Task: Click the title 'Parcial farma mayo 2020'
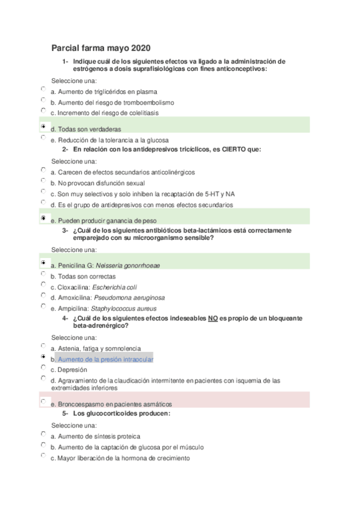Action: (101, 48)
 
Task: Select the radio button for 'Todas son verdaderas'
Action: (44, 127)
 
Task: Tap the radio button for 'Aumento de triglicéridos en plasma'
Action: (44, 89)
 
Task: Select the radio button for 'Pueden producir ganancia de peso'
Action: (44, 219)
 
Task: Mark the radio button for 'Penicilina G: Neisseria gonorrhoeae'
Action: (44, 263)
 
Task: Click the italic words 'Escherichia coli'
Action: (130, 287)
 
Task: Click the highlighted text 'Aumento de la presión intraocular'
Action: (106, 359)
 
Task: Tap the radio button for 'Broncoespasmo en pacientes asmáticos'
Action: (44, 401)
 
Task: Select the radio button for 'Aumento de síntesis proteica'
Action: (44, 434)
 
